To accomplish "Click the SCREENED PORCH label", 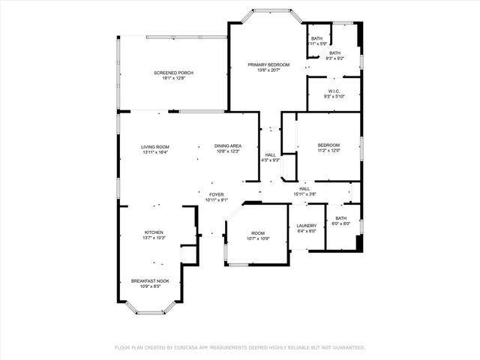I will (173, 73).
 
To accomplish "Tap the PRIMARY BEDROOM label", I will (268, 65).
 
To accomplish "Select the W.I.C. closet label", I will (334, 91).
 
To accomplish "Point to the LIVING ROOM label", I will (155, 146).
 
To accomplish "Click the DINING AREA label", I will (227, 146).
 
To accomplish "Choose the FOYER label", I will (216, 193).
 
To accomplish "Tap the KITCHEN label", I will (154, 232).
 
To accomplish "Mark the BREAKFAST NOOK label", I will (150, 280).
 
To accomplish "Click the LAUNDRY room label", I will (306, 226).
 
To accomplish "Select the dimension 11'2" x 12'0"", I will (328, 151).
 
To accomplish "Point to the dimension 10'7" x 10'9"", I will (258, 238).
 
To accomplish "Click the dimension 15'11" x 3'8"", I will (304, 194).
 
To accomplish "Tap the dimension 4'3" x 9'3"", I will (270, 160).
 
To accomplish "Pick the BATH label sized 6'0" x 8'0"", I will (341, 218).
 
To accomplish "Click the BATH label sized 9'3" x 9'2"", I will (334, 52).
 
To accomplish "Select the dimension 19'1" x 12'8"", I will (173, 78).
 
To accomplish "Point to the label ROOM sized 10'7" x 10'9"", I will (258, 233).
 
